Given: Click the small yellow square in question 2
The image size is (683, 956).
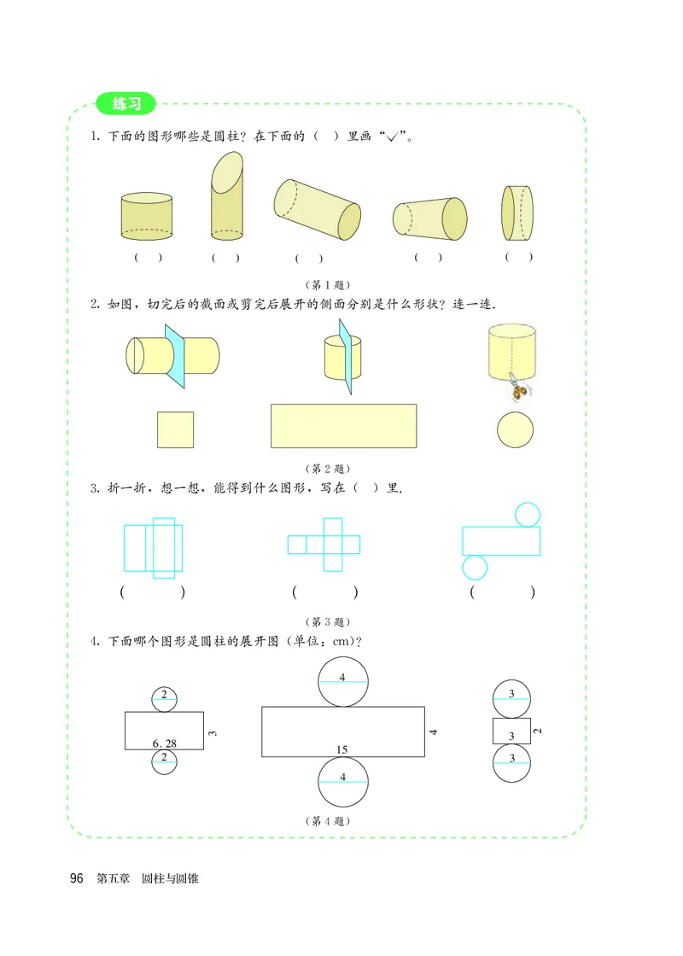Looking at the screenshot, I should point(175,429).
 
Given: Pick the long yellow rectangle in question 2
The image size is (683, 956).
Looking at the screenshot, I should point(343,425).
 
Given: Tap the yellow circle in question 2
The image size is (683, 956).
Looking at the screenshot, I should point(516,429).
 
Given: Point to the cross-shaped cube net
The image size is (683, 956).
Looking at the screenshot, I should point(324,545).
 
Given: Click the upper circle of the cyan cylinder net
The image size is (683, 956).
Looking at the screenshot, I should point(527,514).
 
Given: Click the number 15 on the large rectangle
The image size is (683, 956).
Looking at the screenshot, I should point(341,749).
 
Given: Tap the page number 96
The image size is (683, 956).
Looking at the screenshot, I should point(77,878).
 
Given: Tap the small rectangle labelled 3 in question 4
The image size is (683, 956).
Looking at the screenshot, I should point(511,732).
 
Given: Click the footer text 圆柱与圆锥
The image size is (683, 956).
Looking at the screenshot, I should point(170,878).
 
